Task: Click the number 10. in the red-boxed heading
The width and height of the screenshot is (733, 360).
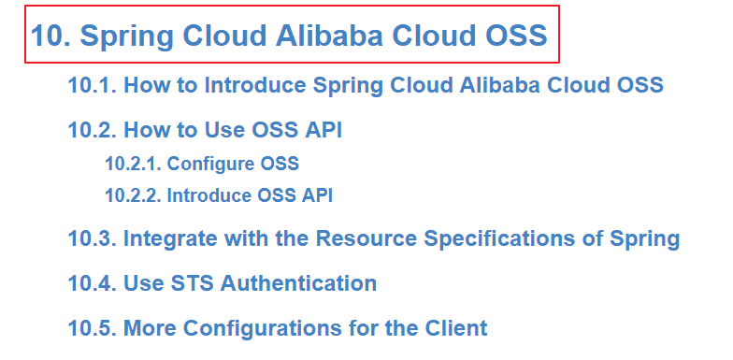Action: tap(50, 36)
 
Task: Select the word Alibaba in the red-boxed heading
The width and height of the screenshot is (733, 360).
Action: tap(329, 36)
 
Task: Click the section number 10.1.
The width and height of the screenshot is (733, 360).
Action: tap(92, 85)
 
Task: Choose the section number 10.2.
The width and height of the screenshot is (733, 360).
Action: tap(92, 130)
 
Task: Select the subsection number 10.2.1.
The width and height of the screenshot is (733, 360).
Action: tap(133, 164)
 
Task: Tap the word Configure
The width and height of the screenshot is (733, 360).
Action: tap(211, 165)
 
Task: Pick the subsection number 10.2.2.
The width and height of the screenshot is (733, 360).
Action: tap(133, 195)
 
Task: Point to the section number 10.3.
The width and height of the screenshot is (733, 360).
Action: tap(92, 238)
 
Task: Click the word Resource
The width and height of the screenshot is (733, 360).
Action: tap(366, 238)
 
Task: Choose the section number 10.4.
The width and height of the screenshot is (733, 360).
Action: tap(92, 283)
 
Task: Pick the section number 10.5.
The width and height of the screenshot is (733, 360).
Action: tap(92, 328)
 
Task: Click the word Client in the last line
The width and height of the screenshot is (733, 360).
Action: tap(456, 328)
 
